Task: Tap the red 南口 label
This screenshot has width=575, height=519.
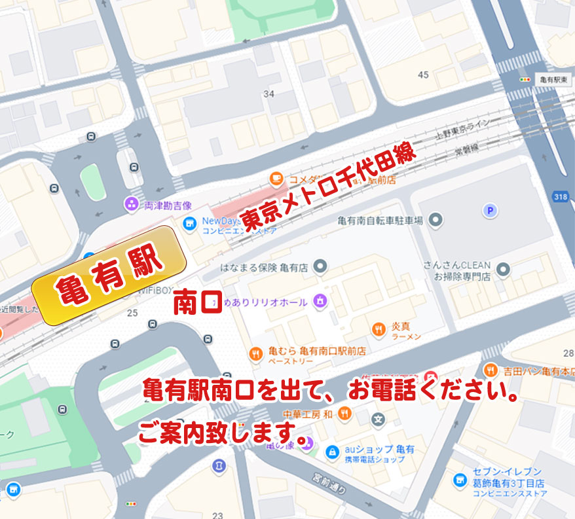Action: (x=198, y=304)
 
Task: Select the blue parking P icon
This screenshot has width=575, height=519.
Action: (x=488, y=210)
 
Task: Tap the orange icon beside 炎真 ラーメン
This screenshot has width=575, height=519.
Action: (x=378, y=329)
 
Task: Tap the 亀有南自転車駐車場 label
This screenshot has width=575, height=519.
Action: (x=380, y=221)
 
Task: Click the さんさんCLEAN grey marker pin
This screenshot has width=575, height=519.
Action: (x=503, y=269)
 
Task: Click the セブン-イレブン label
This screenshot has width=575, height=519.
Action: (x=507, y=472)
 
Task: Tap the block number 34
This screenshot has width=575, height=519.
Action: (x=269, y=94)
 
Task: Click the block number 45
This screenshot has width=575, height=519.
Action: (x=423, y=75)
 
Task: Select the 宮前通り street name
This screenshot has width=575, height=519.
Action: (x=328, y=485)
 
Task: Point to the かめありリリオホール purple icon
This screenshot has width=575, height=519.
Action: (x=320, y=301)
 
